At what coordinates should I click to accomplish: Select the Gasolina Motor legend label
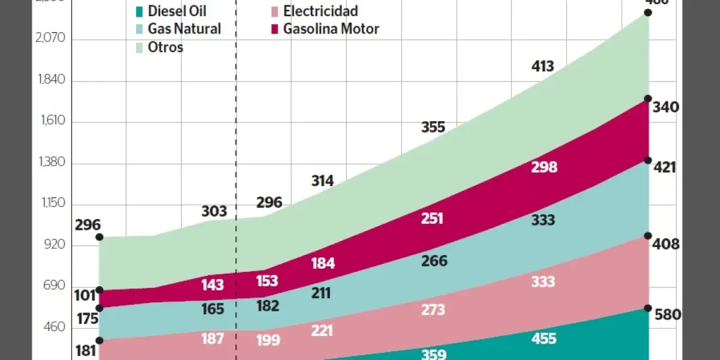point(331,29)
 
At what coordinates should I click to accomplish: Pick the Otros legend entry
point(165,47)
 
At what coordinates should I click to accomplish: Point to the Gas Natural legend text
point(184,29)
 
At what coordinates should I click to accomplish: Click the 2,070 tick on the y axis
point(50,39)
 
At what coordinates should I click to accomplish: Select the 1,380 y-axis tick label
point(50,163)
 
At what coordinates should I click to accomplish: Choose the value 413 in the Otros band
point(542,67)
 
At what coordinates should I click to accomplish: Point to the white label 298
point(544,167)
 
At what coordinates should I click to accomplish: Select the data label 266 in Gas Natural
point(434,261)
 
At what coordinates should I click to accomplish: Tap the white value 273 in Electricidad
point(433,310)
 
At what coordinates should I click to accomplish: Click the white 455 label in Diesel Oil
point(544,338)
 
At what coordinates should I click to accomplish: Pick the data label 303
point(214,211)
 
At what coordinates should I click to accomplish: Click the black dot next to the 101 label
point(100,290)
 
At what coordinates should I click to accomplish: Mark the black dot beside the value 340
point(648,98)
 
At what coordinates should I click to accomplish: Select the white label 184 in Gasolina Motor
point(323,263)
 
